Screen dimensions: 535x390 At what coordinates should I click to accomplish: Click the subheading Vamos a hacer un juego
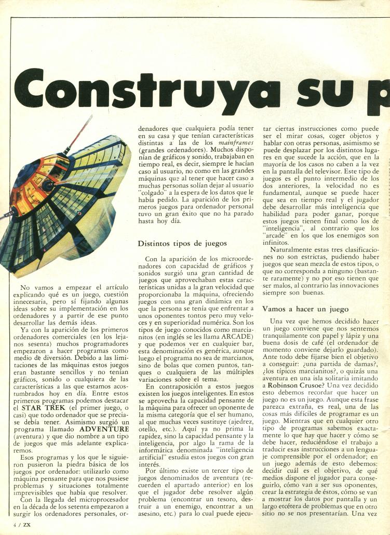305,309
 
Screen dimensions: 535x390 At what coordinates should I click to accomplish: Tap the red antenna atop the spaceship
78,134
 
